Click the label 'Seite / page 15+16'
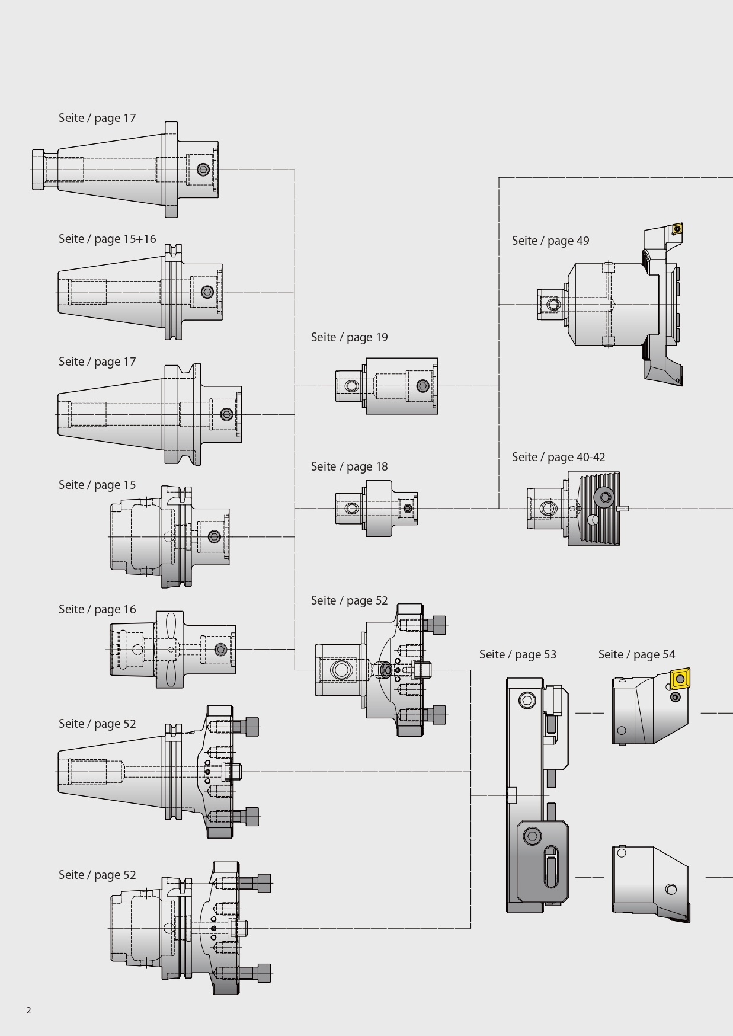[107, 239]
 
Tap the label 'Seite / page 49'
[550, 241]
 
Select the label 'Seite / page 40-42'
[558, 457]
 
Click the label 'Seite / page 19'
[349, 337]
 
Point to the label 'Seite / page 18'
[349, 466]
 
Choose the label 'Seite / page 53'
[517, 654]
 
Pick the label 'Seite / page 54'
[636, 654]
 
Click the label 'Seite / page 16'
[97, 609]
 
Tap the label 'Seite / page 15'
[97, 485]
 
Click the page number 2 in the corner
[28, 1011]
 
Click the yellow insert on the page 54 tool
[680, 678]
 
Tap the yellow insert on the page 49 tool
[677, 229]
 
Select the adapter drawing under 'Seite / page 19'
[386, 386]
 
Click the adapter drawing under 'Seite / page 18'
[376, 509]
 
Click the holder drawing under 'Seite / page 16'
[172, 650]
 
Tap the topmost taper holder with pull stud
[126, 170]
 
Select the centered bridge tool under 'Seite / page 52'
[380, 670]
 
